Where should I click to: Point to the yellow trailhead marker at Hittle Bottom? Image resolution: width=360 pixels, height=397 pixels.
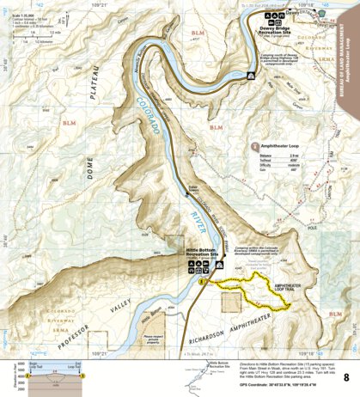[x=202, y=280]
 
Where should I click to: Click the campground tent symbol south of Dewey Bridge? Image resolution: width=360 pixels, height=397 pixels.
[x=250, y=76]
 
